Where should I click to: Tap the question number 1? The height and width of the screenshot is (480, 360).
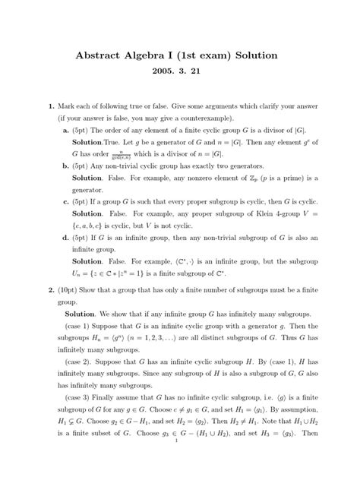point(51,107)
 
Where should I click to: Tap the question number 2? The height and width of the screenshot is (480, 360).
point(51,290)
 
